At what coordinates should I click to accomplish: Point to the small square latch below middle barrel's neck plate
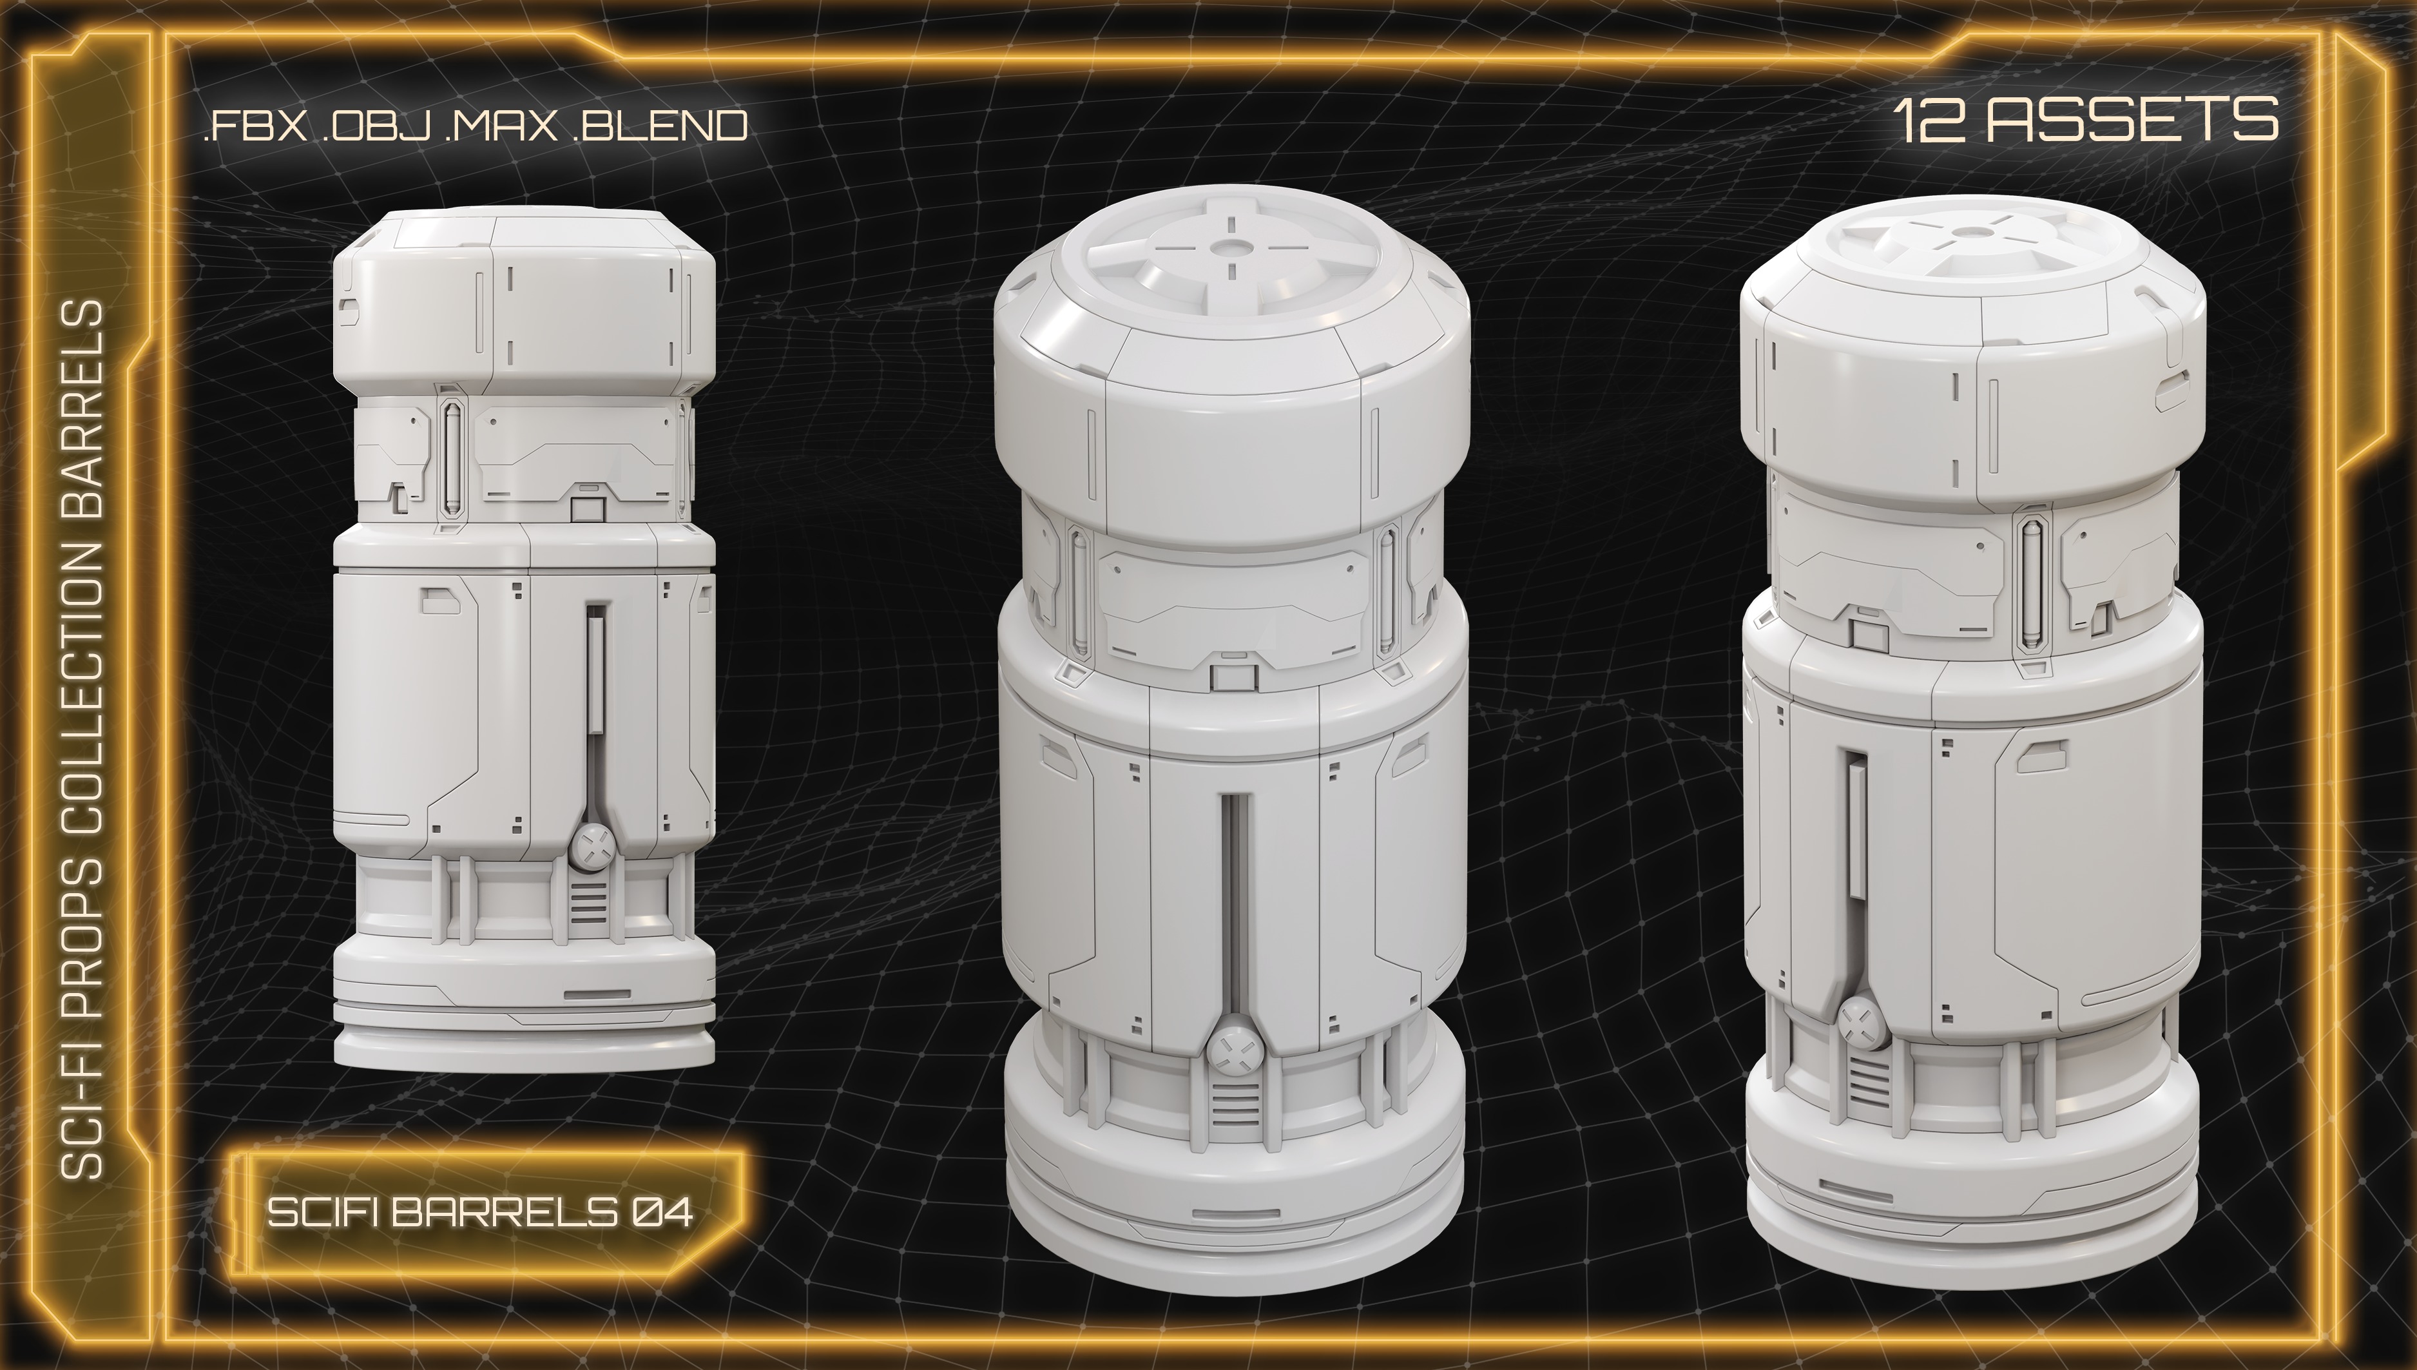[x=1229, y=677]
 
